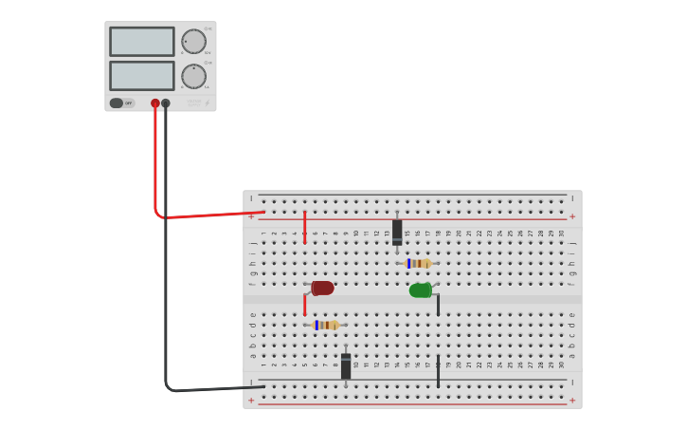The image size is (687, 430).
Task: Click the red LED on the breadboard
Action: coord(322,288)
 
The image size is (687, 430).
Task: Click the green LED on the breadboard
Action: coord(421,290)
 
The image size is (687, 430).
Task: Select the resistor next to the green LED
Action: coord(419,263)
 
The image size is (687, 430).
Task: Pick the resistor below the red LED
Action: coord(326,325)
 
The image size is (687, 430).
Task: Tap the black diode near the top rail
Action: coord(397,232)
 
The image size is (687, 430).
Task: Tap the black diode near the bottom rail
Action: coord(346,365)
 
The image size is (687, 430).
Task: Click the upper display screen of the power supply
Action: coord(142,42)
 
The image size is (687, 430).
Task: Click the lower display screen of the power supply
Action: coord(142,76)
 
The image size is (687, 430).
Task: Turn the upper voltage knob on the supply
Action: coord(193,42)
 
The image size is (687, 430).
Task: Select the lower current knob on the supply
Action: coord(193,76)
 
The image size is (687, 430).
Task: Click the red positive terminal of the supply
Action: coord(155,103)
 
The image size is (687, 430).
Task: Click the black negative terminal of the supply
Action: coord(166,103)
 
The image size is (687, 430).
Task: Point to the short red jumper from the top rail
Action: coord(304,228)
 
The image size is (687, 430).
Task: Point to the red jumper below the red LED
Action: coord(304,305)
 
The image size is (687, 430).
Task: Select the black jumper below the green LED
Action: coord(438,305)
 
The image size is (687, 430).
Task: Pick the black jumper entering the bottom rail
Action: coord(438,371)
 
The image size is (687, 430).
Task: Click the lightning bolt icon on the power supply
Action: coord(208,103)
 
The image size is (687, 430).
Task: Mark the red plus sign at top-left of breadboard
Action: coord(251,216)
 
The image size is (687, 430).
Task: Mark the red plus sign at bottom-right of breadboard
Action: coord(571,401)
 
